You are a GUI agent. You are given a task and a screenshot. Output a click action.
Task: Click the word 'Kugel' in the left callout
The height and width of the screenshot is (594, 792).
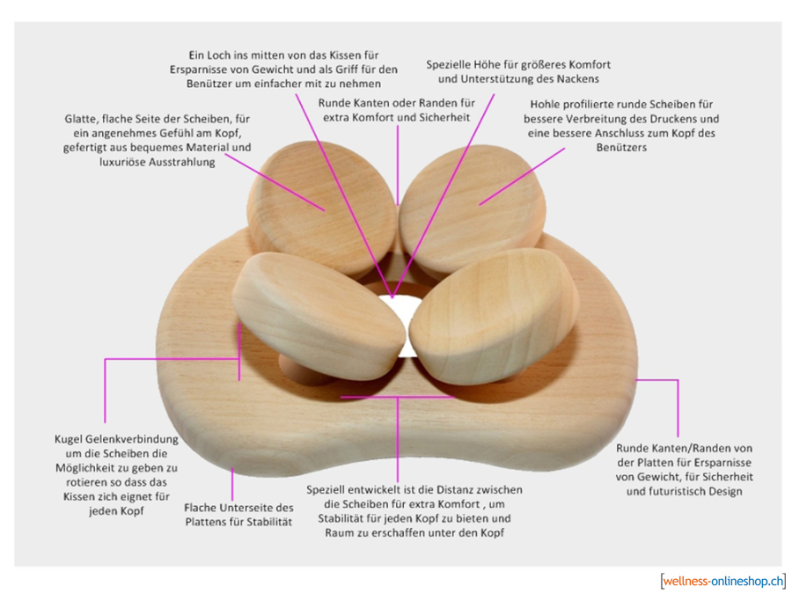point(70,439)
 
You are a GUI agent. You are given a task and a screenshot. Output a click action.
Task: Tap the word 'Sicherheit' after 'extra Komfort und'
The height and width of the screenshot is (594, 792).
point(443,117)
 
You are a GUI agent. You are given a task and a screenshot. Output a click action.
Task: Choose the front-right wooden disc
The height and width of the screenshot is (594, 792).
point(488,321)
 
